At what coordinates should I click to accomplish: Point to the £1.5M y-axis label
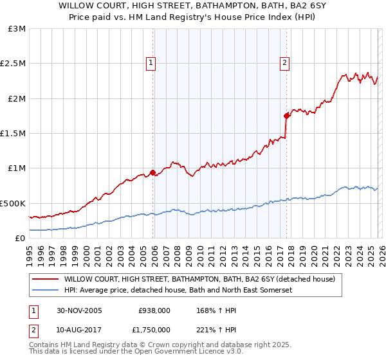[13, 134]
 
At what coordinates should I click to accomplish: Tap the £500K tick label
[13, 203]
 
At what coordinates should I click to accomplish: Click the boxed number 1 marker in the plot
[150, 62]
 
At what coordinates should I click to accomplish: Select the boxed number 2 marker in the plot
[284, 62]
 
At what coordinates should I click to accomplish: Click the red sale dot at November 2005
[153, 172]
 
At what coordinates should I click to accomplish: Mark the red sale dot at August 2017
[286, 116]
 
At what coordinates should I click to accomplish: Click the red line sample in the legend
[44, 280]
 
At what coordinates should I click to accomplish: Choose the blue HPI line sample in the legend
[44, 291]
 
